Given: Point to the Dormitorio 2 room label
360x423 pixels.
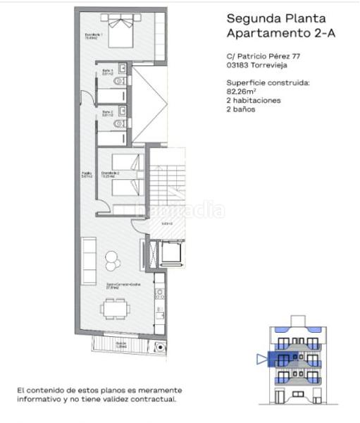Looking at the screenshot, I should pyautogui.click(x=109, y=173).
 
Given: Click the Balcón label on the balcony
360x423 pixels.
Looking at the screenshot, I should pyautogui.click(x=120, y=344).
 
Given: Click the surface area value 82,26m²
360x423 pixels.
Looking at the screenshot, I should pyautogui.click(x=242, y=91).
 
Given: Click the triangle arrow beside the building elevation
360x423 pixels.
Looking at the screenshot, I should pyautogui.click(x=262, y=359).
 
